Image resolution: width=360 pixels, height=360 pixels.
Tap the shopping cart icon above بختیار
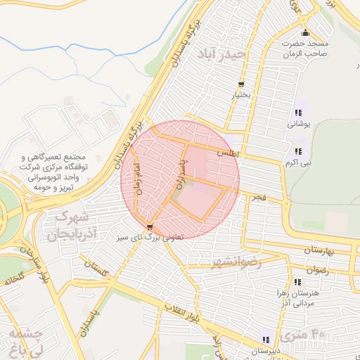[241, 84]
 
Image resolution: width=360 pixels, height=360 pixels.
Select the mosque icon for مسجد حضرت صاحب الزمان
[304, 33]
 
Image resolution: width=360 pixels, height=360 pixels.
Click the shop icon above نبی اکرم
[298, 150]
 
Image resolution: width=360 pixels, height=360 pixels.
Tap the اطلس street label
[228, 152]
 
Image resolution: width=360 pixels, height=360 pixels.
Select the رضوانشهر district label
[236, 263]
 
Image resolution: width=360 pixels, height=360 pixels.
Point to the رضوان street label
[318, 269]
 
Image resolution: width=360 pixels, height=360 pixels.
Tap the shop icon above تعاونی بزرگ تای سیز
[150, 226]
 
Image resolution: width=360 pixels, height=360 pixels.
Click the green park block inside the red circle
[190, 201]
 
